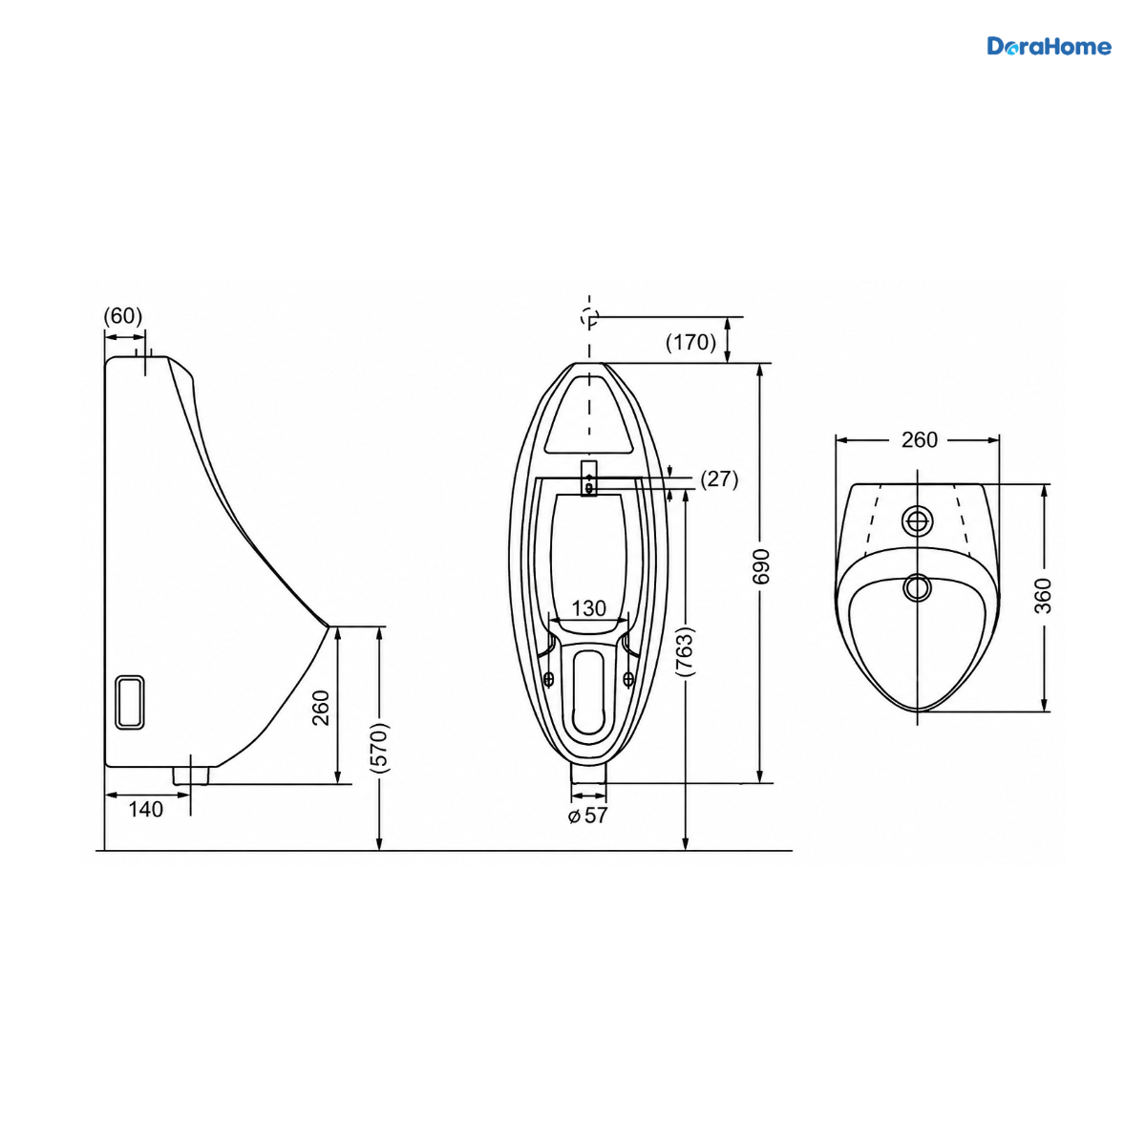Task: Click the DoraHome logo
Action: (1049, 47)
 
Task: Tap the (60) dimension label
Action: (123, 316)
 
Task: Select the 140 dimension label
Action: (146, 809)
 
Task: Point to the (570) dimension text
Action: (379, 748)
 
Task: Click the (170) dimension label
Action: (690, 342)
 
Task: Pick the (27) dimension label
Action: (719, 478)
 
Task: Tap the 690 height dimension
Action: (761, 566)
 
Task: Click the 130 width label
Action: (589, 607)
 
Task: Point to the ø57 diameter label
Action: (587, 816)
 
